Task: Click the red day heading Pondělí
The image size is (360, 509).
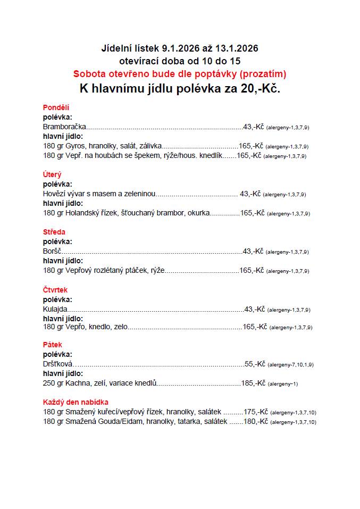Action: (56, 107)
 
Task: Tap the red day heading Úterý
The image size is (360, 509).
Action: (52, 174)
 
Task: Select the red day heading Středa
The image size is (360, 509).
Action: (54, 232)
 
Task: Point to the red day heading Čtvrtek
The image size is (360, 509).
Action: (55, 290)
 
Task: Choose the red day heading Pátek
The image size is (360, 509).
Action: (53, 345)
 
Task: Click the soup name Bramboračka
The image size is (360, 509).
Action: (64, 127)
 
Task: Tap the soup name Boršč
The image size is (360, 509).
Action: (53, 251)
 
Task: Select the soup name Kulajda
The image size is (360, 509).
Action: (55, 309)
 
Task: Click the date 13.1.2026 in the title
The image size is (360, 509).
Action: (238, 48)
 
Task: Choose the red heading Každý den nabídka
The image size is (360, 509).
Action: (76, 402)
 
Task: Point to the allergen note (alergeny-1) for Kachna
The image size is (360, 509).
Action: (282, 384)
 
